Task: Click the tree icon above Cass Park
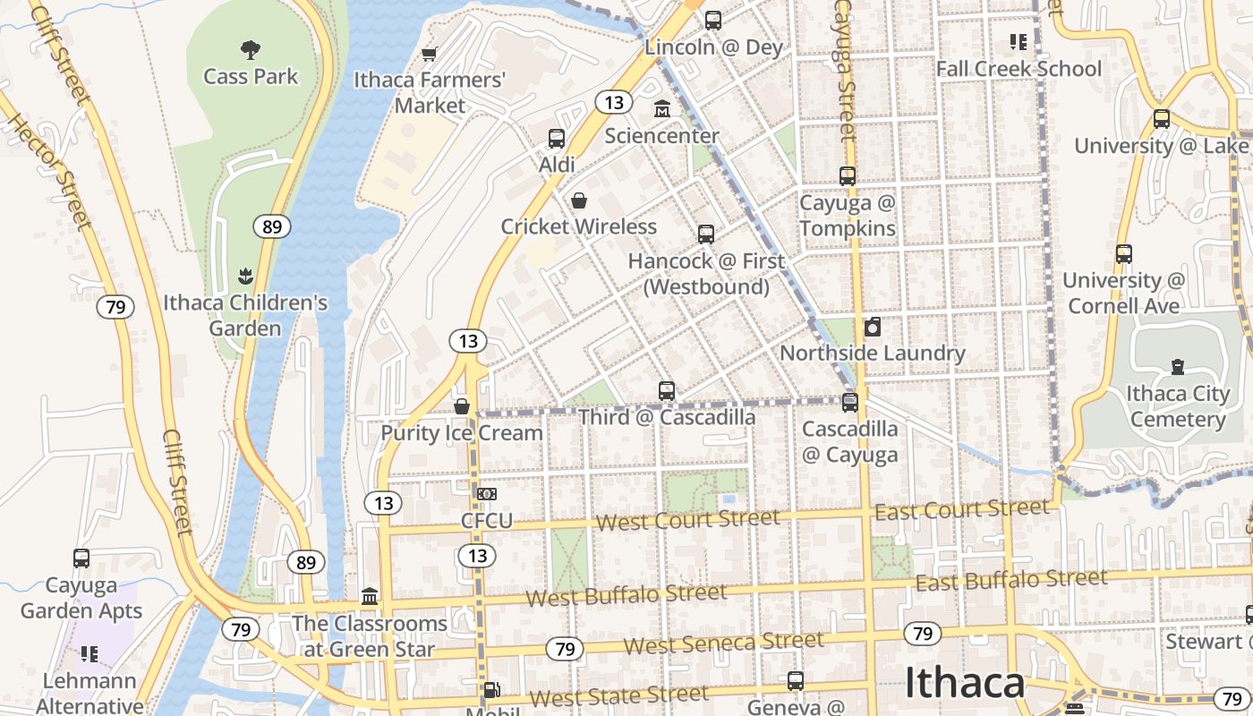[x=251, y=49]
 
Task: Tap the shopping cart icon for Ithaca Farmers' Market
[x=430, y=55]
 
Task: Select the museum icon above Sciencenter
[x=661, y=109]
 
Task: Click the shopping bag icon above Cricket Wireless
[x=579, y=200]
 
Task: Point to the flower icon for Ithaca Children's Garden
[x=245, y=277]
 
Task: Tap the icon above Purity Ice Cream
[x=462, y=407]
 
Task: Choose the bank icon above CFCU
[x=487, y=494]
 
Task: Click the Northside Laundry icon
[x=873, y=327]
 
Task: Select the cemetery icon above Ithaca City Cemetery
[x=1177, y=367]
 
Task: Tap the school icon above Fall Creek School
[x=1019, y=42]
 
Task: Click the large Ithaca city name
[x=965, y=683]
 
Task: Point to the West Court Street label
[x=688, y=519]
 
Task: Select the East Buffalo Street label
[x=1011, y=581]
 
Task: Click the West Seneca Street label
[x=723, y=643]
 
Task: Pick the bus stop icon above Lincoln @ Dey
[x=713, y=21]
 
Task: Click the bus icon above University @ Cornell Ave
[x=1124, y=254]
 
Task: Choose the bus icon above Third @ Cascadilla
[x=667, y=391]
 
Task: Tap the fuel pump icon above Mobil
[x=491, y=690]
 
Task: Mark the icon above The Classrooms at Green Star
[x=370, y=596]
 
